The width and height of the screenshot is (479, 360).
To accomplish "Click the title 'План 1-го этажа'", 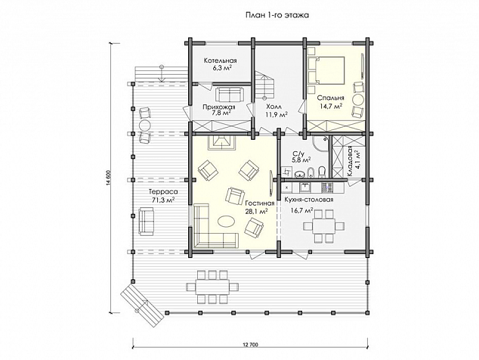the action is tap(277, 15).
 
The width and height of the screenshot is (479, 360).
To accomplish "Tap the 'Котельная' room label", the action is tap(221, 61).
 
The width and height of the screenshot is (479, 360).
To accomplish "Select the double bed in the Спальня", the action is tap(326, 70).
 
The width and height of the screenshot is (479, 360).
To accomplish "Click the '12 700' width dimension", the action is tap(251, 345).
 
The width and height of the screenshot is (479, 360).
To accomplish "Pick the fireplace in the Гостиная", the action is tap(221, 142).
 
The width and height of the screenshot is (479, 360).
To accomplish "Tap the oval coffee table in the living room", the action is tap(226, 221).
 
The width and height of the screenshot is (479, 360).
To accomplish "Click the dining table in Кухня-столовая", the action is tap(324, 226).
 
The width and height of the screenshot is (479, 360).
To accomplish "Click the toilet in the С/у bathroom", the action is tap(321, 172).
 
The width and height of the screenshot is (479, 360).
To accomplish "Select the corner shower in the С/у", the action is tap(320, 144).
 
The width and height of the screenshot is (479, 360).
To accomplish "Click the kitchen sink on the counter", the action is tap(304, 187).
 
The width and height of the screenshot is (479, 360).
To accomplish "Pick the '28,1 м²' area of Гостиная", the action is tap(257, 211).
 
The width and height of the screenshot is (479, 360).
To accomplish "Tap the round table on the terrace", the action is tap(144, 126).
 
